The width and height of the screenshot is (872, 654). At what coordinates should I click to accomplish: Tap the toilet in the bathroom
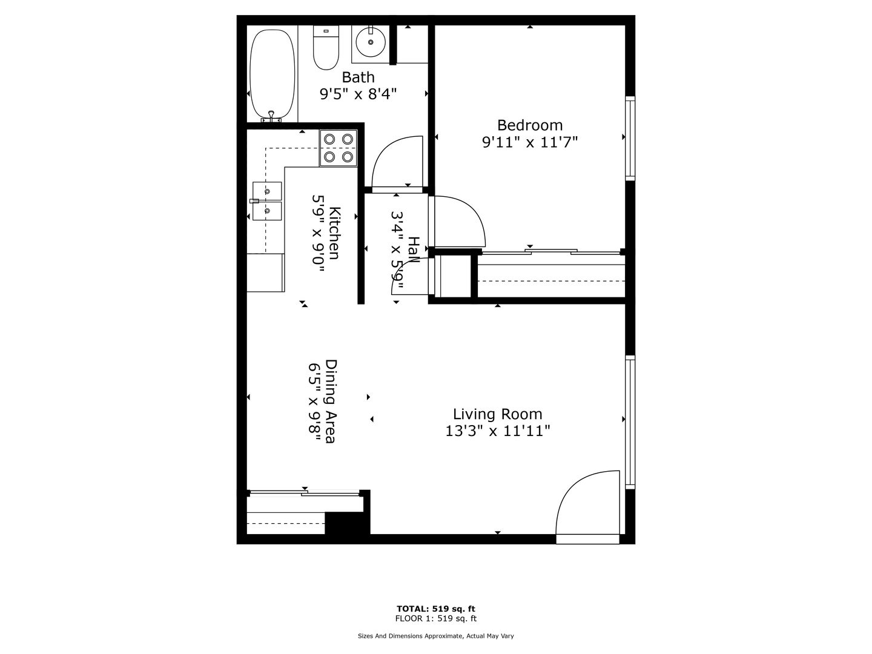326,48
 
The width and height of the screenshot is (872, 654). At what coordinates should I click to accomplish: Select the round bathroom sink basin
370,42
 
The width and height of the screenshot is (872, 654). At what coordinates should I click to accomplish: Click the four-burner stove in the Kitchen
339,148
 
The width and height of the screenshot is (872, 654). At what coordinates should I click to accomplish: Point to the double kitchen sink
267,201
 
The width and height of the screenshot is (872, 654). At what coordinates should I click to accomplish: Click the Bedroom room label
530,125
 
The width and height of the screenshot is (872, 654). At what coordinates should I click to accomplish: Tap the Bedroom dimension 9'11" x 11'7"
530,142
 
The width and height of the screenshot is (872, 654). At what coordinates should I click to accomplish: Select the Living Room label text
498,414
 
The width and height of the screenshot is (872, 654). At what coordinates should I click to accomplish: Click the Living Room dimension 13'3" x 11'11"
498,431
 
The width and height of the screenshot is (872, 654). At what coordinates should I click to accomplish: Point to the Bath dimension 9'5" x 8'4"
358,94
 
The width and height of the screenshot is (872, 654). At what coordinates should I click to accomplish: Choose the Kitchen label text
334,233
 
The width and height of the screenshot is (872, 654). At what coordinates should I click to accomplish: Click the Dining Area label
331,401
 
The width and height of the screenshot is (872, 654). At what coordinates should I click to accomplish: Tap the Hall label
414,250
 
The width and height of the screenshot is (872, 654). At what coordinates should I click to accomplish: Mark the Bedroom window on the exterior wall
630,138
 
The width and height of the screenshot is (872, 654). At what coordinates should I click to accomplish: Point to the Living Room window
630,421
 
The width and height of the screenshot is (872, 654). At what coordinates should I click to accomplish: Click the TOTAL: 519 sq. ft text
436,609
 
